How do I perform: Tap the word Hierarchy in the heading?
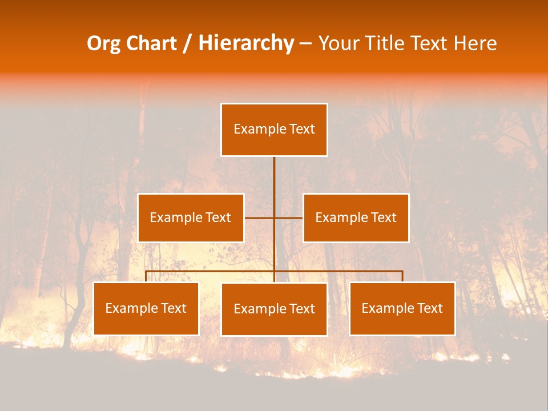tap(246, 43)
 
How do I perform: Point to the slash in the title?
tap(187, 44)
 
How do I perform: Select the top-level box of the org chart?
tap(274, 130)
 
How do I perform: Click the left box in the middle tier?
tap(191, 217)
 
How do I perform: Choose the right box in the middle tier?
tap(356, 217)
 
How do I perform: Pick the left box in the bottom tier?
tap(146, 309)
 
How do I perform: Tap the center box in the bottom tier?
tap(274, 309)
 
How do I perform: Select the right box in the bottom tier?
tap(402, 309)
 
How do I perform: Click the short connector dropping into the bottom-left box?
tap(146, 276)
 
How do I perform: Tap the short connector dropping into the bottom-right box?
tap(402, 276)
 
